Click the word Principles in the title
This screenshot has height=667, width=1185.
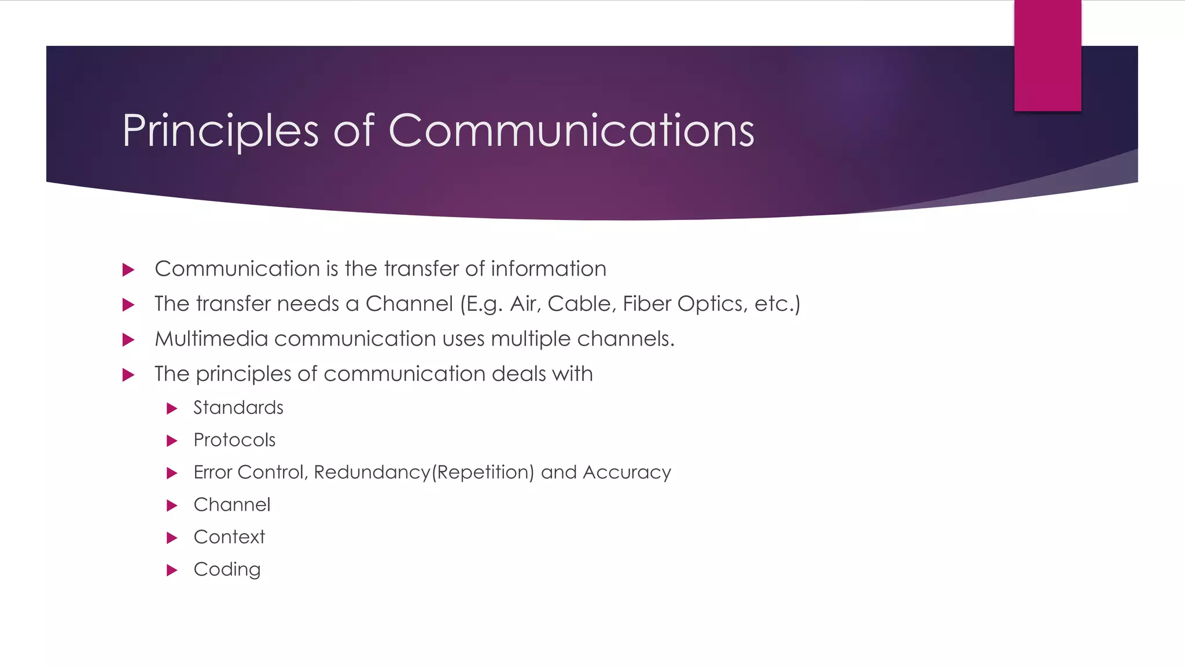220,131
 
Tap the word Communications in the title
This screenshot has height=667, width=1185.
571,131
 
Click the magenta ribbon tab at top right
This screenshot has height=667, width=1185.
1047,56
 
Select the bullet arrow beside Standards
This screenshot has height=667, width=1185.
171,409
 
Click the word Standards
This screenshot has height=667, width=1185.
238,408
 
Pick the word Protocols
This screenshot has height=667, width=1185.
234,440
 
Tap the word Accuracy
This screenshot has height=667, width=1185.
627,472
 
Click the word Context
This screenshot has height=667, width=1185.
229,537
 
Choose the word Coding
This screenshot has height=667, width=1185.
227,570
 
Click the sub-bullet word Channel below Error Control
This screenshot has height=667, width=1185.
232,505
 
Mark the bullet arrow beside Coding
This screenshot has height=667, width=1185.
171,570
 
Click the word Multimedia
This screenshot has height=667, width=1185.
211,339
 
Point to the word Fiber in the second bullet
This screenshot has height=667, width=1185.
646,304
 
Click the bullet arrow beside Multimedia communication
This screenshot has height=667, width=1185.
128,340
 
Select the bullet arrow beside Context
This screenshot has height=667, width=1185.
171,538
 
